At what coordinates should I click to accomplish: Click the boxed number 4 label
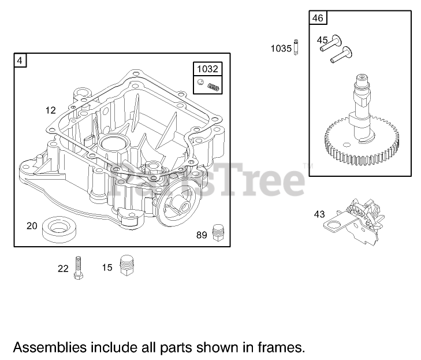click(20, 60)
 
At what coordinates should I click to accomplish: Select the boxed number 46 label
click(318, 18)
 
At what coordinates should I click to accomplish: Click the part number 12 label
click(51, 110)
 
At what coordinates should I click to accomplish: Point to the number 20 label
click(32, 225)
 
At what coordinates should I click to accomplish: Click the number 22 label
click(63, 268)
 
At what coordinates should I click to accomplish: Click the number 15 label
click(107, 268)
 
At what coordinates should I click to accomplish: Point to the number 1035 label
click(281, 49)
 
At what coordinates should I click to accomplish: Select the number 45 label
click(322, 40)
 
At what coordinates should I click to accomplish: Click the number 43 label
click(319, 214)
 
